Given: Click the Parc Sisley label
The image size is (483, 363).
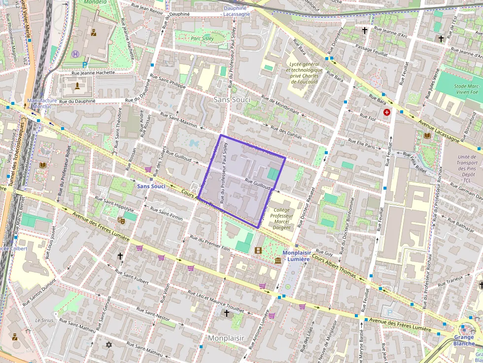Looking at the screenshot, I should click(x=202, y=38).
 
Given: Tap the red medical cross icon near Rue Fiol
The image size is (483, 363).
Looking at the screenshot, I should click(x=386, y=113).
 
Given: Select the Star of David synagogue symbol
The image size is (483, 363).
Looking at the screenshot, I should click(x=109, y=344).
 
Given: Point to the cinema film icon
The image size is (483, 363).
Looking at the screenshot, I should click(x=258, y=250).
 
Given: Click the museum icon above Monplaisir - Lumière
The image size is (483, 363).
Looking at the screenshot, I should click(x=278, y=260).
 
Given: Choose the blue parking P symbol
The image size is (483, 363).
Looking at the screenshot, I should click(x=85, y=64).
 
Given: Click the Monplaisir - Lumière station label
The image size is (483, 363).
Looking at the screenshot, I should click(x=297, y=256).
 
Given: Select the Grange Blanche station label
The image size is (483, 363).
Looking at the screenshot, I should click(x=464, y=340).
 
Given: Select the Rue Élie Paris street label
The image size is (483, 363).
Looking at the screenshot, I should click(x=361, y=144).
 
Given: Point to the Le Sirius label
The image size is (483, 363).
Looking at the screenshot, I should click(x=44, y=320).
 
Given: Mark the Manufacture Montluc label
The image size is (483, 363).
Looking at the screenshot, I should click(x=42, y=103).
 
